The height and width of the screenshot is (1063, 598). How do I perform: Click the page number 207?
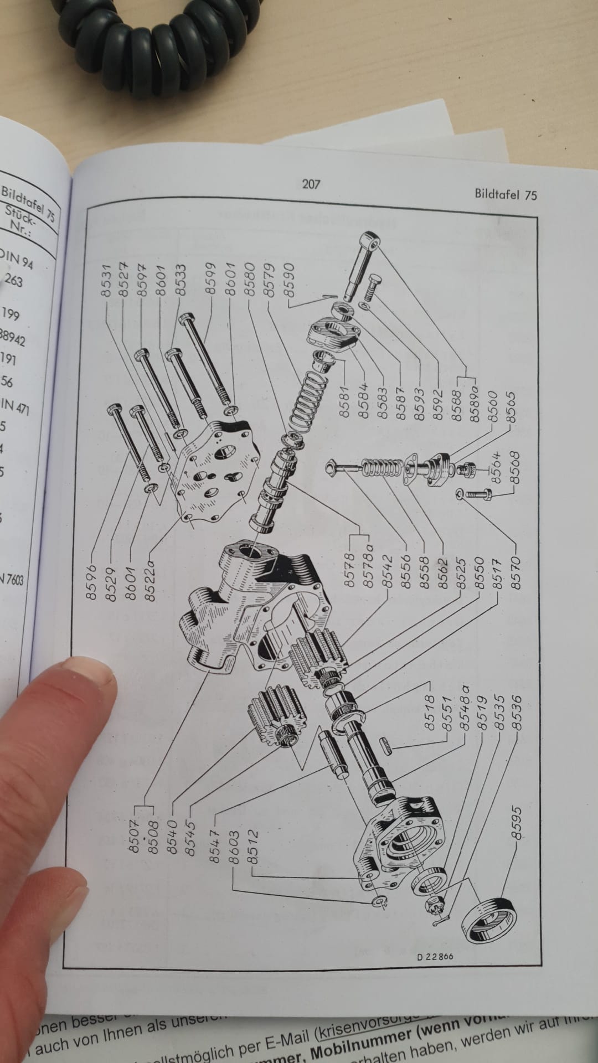point(311,184)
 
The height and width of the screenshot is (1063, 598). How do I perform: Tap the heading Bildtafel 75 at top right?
point(505,194)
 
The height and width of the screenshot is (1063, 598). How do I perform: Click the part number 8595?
point(515,824)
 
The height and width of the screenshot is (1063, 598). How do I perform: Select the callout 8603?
point(234,847)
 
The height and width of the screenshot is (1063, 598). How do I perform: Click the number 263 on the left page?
point(13,281)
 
